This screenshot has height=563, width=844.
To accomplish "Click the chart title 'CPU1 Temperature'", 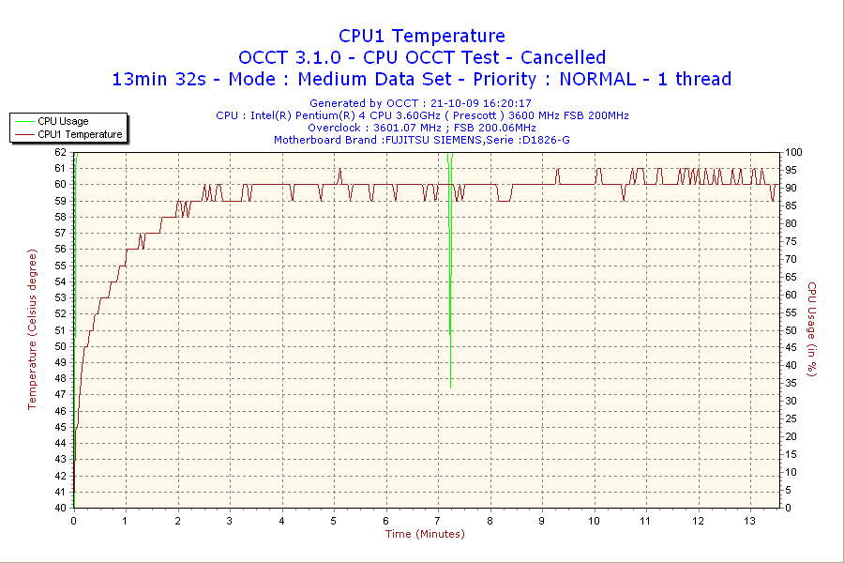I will point(421,36).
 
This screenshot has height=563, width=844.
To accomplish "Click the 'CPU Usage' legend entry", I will point(63,121).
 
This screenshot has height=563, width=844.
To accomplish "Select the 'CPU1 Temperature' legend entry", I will point(80,134).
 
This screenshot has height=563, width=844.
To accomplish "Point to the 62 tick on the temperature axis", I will point(61,152).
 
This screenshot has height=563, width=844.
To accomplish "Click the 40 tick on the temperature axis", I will point(61,508).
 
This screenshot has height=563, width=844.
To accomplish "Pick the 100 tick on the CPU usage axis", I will point(793,152).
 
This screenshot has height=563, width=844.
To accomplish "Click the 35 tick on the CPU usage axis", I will point(791,383).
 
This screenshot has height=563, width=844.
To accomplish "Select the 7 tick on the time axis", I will point(438,521).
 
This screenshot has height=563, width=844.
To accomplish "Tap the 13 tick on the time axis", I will point(749,521).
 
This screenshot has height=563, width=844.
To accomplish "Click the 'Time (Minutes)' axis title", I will point(425,534).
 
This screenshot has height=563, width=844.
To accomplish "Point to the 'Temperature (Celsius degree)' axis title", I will point(32,329).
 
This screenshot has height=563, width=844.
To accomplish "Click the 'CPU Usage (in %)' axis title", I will point(813,329).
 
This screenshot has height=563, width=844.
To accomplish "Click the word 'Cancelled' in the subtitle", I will point(563,57).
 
